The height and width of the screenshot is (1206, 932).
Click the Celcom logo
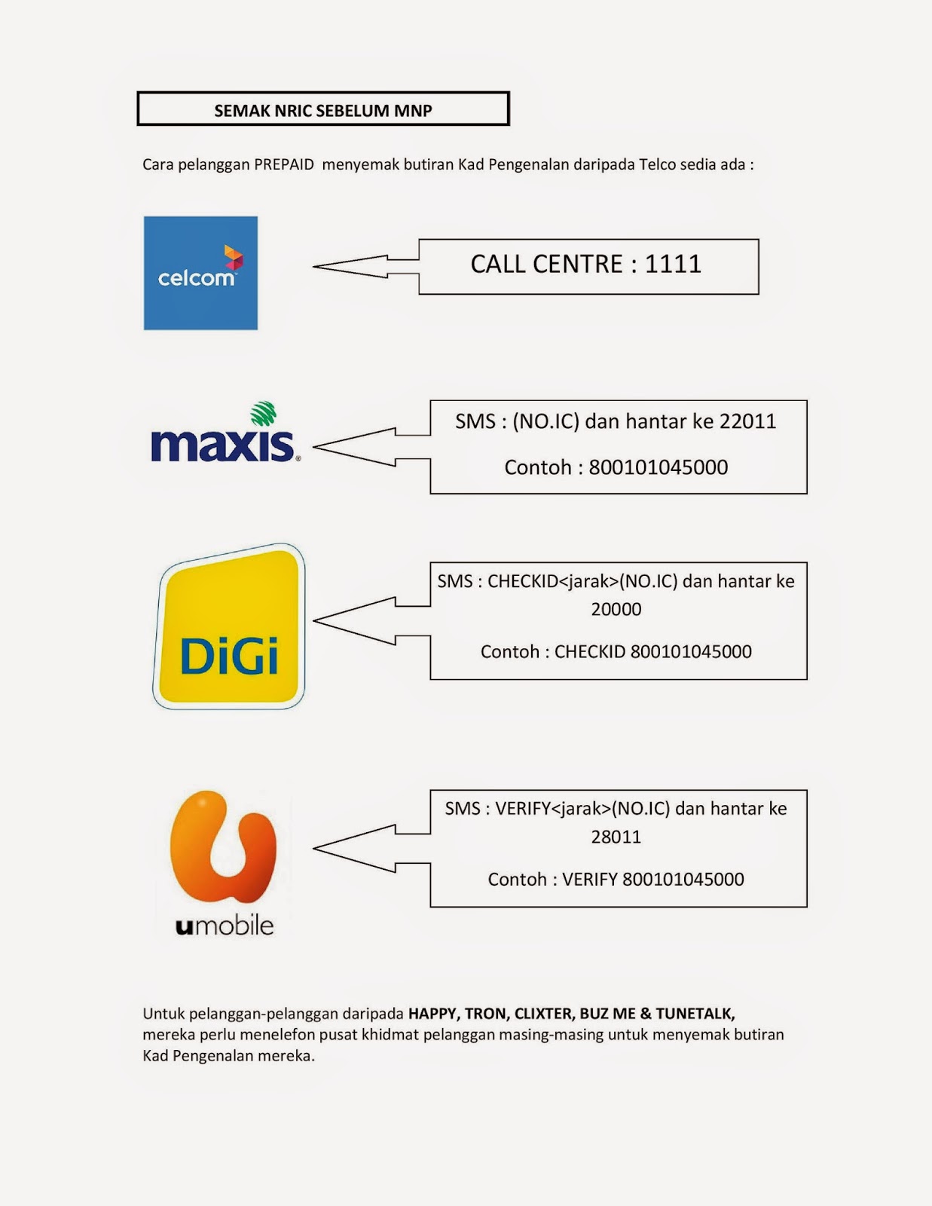pos(200,273)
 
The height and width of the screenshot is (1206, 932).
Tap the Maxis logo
pos(225,435)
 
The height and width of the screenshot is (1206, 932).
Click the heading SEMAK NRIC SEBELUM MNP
pos(323,110)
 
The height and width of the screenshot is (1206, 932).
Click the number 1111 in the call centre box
pos(673,264)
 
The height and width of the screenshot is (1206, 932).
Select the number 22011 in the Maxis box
pos(747,421)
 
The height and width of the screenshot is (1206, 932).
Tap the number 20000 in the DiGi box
pos(616,609)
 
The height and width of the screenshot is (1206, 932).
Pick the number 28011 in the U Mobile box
pos(616,837)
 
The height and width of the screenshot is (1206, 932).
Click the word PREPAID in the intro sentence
pos(284,164)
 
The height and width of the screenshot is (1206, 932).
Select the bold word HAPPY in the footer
pos(432,1014)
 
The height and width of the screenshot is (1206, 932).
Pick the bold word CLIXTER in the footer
pos(542,1014)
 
